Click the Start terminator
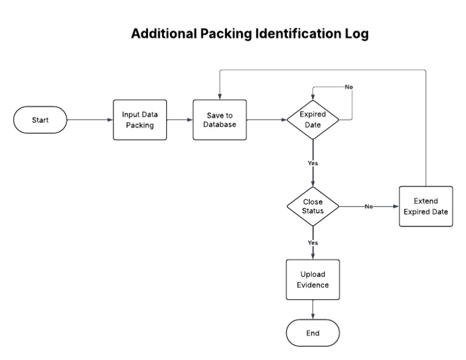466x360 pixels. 40,120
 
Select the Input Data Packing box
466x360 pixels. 140,120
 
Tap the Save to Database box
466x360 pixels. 220,120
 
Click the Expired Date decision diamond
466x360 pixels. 312,120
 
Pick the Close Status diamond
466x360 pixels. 312,206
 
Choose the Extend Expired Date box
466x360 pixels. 425,206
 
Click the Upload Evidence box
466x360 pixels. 312,279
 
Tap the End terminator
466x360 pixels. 312,333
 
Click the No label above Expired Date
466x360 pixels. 349,87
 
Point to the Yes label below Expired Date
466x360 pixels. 312,163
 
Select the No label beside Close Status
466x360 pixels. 368,206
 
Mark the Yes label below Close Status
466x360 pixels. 312,243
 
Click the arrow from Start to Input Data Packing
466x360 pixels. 90,120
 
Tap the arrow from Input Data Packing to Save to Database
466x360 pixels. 180,120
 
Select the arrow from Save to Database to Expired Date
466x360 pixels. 267,120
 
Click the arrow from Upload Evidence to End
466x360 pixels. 312,310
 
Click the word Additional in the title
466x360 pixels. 162,34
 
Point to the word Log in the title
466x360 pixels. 356,34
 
